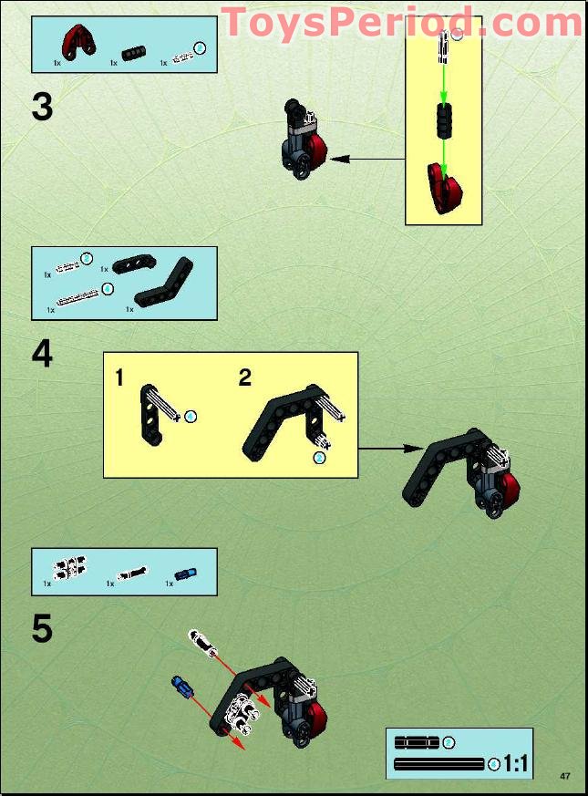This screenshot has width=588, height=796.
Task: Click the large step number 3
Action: tap(43, 107)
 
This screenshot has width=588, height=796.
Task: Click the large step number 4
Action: tap(43, 354)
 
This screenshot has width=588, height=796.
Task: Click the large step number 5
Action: tap(43, 628)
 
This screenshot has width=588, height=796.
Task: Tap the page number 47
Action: tap(565, 776)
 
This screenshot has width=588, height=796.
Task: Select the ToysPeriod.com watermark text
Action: tap(402, 23)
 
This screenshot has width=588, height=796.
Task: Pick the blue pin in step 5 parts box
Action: tap(185, 574)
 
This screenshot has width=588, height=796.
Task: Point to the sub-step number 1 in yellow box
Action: tap(119, 378)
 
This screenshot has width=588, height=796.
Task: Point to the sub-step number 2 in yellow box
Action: tap(244, 378)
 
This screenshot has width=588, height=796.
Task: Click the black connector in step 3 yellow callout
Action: tap(442, 120)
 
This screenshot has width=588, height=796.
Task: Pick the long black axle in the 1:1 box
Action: tap(438, 763)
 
